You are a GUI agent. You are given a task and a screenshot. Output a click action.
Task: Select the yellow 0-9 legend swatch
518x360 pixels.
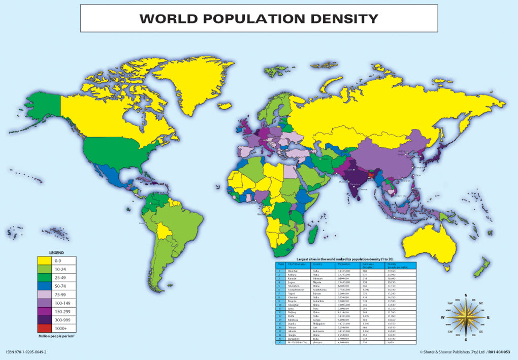coord(46,261)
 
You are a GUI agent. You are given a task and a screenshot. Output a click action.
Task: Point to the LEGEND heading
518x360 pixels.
coord(56,252)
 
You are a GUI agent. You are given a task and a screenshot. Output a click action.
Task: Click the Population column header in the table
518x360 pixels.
coord(343,265)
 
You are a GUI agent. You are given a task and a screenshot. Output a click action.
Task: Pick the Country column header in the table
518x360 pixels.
coord(318,265)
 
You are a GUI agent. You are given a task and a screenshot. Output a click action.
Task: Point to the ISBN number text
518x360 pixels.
coord(26,352)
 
